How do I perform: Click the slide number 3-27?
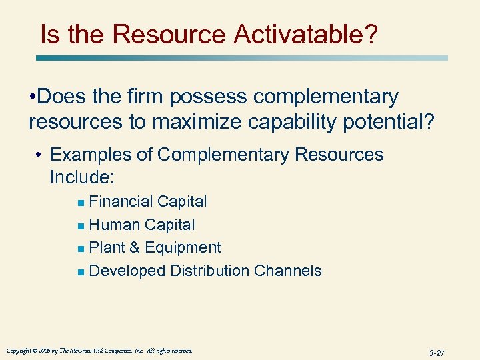[437, 352]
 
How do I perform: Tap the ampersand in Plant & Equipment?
[134, 248]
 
